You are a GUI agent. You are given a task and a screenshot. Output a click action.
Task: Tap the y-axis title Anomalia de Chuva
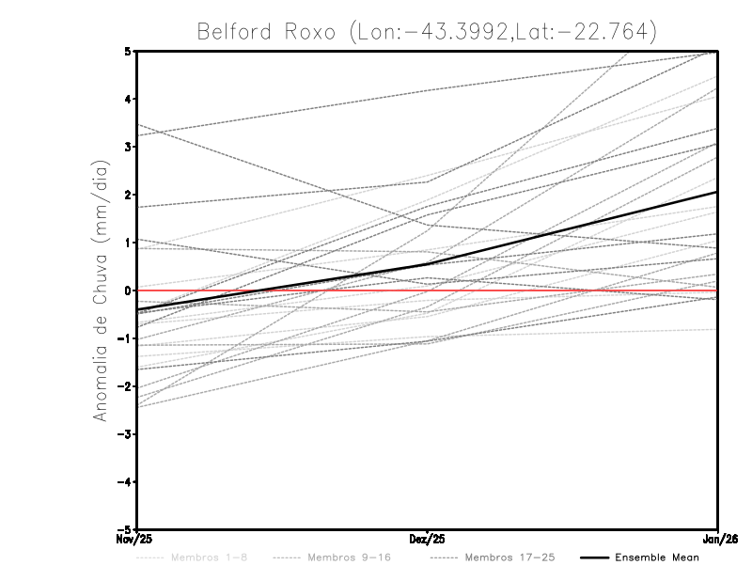click(101, 290)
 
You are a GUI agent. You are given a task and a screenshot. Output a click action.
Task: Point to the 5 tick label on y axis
click(128, 52)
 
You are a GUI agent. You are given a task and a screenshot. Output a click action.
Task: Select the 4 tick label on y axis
click(128, 100)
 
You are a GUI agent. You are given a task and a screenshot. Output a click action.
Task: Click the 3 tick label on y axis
click(128, 148)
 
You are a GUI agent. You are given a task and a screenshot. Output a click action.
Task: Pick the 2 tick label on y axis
click(128, 195)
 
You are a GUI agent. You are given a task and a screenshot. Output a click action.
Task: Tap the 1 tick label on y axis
click(128, 243)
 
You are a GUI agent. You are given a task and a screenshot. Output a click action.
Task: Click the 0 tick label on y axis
click(128, 290)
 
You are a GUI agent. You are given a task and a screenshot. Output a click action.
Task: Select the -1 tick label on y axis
click(124, 338)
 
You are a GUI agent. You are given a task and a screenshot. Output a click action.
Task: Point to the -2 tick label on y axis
click(124, 386)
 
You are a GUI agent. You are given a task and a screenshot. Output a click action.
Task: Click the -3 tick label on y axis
click(124, 434)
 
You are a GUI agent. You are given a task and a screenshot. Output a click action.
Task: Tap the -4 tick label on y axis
click(124, 481)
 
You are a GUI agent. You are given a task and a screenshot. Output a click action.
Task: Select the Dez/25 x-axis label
click(428, 539)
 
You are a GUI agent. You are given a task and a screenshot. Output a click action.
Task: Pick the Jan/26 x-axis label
click(719, 539)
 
